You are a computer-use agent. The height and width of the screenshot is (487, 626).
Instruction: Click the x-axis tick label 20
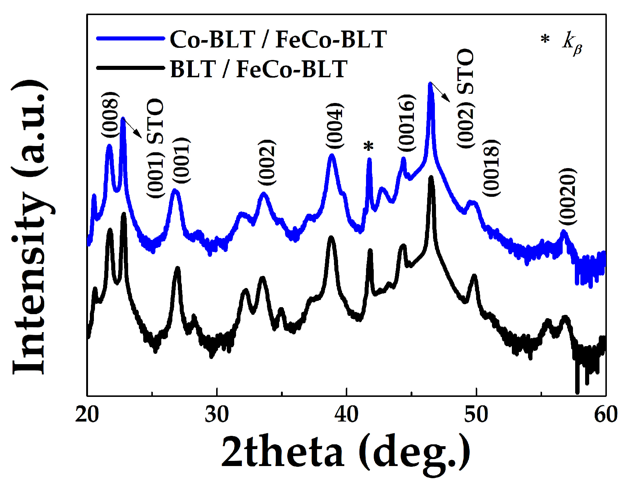pos(87,415)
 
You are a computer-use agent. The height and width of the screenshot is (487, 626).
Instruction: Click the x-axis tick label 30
pos(217,415)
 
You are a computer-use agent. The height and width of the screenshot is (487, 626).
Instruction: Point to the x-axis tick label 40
pos(347,415)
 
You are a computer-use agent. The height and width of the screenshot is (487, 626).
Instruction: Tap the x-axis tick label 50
pos(476,415)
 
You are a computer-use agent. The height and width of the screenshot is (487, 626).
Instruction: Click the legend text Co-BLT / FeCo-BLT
pos(278,39)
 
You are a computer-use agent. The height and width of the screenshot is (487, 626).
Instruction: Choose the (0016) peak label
pos(407,123)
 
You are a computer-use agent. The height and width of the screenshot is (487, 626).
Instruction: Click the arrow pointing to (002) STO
pos(440,92)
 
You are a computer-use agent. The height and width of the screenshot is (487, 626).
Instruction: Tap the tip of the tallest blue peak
pos(430,84)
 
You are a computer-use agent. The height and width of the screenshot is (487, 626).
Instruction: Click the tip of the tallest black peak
pos(431,178)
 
